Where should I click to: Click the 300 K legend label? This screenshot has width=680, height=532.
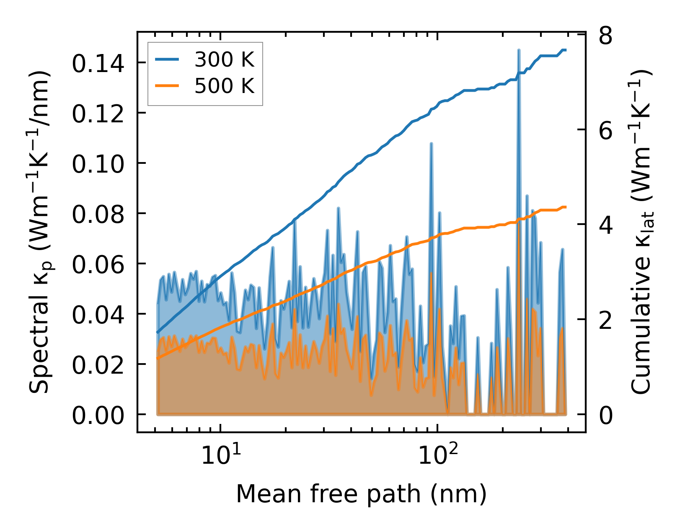224,60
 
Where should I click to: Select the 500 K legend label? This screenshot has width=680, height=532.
224,86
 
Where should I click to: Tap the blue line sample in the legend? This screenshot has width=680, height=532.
168,60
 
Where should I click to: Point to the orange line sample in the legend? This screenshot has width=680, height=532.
168,86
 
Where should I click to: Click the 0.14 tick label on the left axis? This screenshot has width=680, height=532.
98,64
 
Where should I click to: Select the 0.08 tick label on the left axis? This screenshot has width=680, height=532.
98,214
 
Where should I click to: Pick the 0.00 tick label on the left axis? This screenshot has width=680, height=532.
98,416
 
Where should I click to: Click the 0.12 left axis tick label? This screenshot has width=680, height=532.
98,114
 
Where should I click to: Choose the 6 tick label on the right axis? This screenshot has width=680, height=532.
606,131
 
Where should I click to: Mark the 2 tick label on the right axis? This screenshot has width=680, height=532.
606,320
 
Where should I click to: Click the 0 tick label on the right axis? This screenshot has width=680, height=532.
606,416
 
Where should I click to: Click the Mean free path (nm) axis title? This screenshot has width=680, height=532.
361,494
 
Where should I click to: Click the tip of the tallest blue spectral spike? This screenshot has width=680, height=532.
519,50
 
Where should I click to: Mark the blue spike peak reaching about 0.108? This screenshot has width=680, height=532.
431,144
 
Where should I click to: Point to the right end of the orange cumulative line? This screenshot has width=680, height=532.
566,207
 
